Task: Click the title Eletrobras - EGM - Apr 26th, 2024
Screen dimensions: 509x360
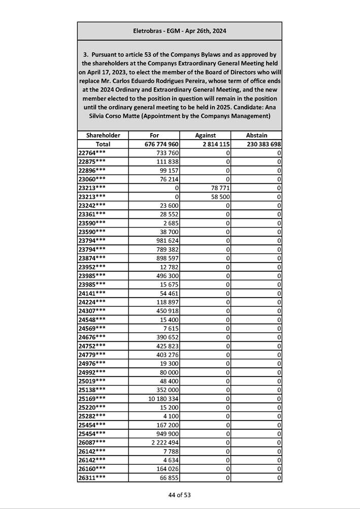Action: click(x=180, y=31)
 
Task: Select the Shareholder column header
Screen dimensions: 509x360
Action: click(x=103, y=135)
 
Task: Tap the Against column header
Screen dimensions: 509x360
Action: click(x=205, y=135)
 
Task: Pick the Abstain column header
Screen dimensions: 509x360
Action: click(x=256, y=135)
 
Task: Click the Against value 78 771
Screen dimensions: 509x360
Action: click(x=218, y=188)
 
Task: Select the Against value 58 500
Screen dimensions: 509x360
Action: click(x=218, y=197)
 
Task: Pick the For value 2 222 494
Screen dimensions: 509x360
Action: click(x=165, y=442)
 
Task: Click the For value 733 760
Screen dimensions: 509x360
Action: click(x=168, y=153)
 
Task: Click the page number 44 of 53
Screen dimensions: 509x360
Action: click(x=180, y=495)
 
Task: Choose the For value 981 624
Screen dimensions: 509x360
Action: click(x=168, y=240)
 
